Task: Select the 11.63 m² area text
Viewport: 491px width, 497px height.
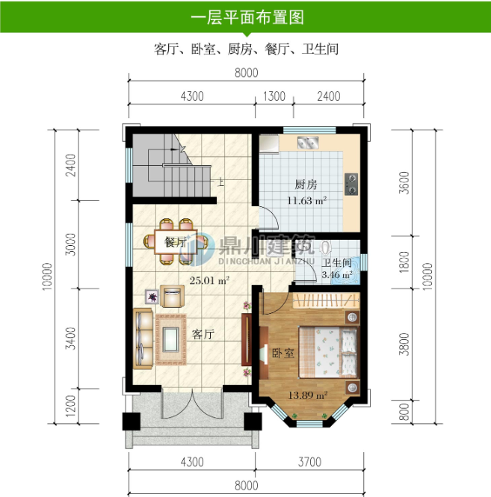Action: tap(306, 200)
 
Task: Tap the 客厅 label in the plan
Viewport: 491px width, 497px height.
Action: tap(203, 334)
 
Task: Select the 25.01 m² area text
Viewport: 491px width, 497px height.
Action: tap(209, 280)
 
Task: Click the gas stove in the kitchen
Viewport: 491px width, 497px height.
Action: tap(351, 182)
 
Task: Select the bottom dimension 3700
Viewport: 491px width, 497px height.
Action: tap(309, 462)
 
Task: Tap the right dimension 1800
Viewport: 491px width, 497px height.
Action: tap(404, 263)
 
